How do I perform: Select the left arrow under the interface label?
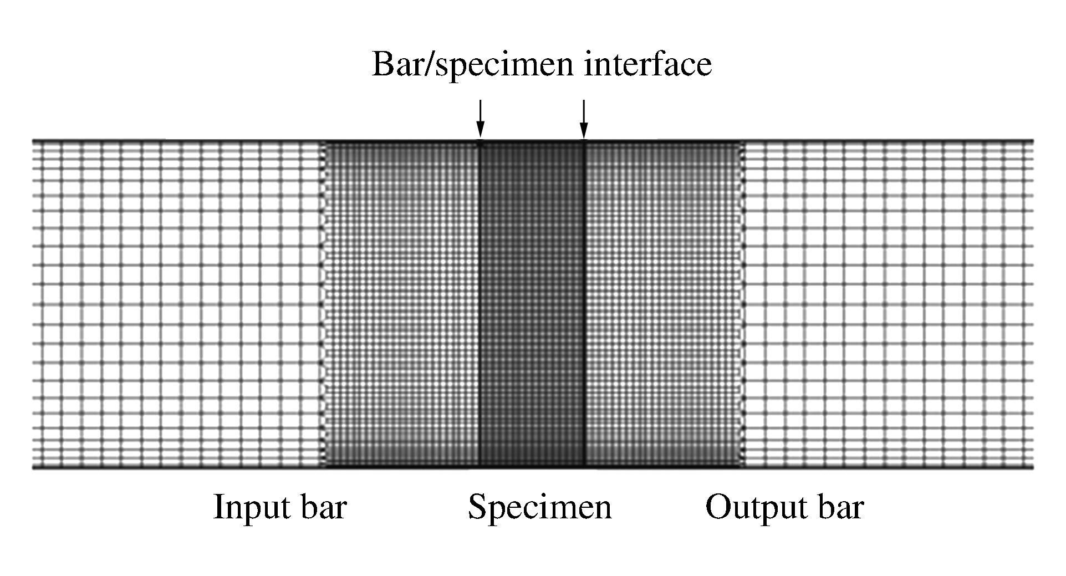coord(480,118)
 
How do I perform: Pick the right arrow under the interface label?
coord(583,118)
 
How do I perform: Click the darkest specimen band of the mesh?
coord(532,304)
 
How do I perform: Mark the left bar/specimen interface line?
coord(480,304)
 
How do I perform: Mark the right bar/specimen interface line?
coord(584,304)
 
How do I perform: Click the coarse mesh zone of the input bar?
coord(177,304)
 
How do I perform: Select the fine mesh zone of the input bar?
coord(401,304)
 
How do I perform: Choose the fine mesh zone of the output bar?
coord(664,304)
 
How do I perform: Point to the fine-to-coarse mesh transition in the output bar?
coord(743,304)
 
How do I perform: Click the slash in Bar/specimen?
coord(435,64)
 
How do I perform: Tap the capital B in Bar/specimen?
coord(383,64)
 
